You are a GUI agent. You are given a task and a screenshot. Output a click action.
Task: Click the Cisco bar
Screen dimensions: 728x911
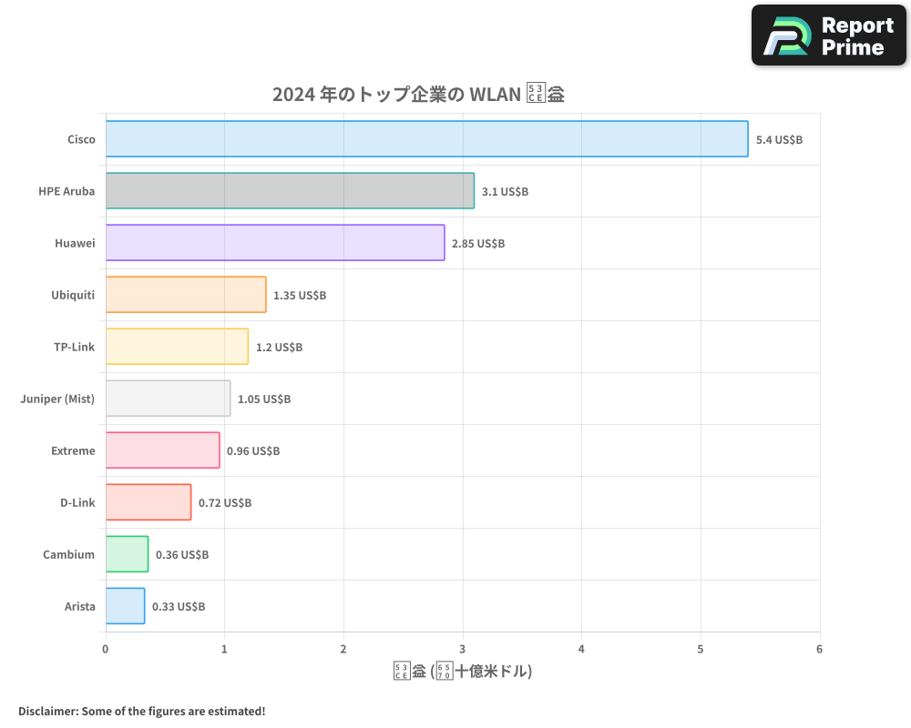click(x=426, y=139)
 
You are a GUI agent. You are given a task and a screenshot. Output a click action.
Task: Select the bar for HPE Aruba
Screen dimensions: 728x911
click(x=290, y=191)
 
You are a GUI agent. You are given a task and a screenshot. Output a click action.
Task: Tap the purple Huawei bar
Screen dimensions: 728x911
click(x=275, y=243)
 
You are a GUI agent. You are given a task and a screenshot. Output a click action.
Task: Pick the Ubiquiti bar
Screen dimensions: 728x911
click(x=186, y=295)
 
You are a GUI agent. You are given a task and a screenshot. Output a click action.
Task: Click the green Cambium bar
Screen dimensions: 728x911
click(x=127, y=554)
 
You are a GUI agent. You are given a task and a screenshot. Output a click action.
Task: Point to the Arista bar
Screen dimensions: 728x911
click(x=125, y=606)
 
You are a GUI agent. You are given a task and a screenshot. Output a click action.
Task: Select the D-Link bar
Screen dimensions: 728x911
click(x=148, y=502)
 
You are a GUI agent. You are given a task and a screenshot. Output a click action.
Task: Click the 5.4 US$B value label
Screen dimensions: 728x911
click(x=779, y=140)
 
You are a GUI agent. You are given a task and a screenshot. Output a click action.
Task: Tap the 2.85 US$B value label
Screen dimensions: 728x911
click(x=478, y=244)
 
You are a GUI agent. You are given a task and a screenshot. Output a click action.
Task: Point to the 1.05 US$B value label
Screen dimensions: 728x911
click(x=264, y=399)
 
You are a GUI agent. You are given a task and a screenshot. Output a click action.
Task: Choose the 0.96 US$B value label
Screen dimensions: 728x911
click(x=253, y=451)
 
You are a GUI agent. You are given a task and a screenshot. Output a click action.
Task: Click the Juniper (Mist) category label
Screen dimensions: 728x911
click(x=57, y=399)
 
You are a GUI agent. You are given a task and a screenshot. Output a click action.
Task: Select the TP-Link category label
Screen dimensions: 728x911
click(x=75, y=347)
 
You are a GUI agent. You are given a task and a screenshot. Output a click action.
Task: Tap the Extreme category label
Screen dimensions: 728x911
click(x=73, y=450)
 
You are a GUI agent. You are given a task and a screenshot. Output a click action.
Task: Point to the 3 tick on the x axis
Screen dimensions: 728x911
click(x=463, y=649)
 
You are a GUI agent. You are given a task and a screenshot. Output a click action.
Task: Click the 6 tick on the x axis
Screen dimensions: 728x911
click(x=819, y=649)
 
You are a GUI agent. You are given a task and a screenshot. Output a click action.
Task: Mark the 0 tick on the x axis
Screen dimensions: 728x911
click(x=106, y=649)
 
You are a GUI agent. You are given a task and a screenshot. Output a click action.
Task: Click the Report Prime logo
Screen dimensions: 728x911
click(x=828, y=35)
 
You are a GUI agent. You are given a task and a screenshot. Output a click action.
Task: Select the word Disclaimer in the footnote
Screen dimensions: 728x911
click(x=47, y=711)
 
